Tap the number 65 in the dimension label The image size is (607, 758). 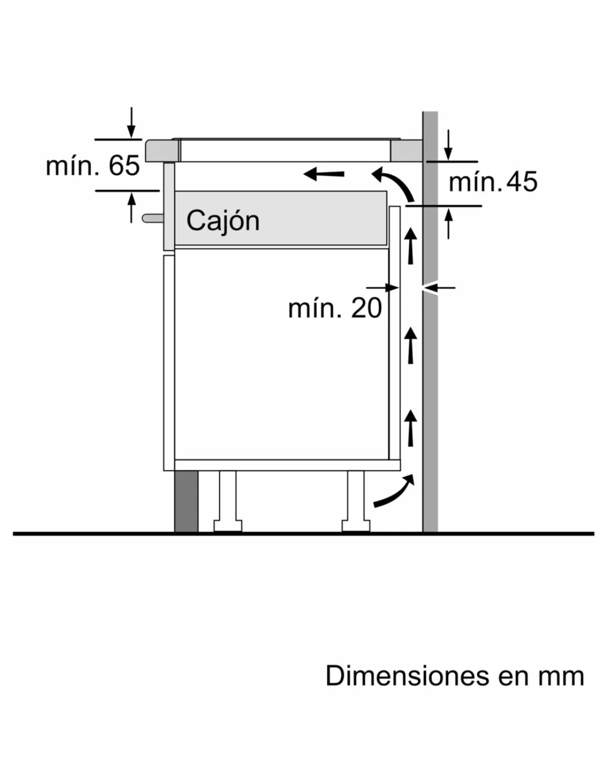pyautogui.click(x=124, y=165)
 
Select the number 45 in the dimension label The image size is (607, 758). pyautogui.click(x=522, y=182)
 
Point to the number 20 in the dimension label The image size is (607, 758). pyautogui.click(x=366, y=308)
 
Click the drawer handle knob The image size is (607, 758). pyautogui.click(x=153, y=218)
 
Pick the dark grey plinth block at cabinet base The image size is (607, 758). pyautogui.click(x=186, y=501)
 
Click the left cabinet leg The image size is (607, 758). pyautogui.click(x=228, y=501)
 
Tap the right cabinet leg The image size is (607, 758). pyautogui.click(x=356, y=501)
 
